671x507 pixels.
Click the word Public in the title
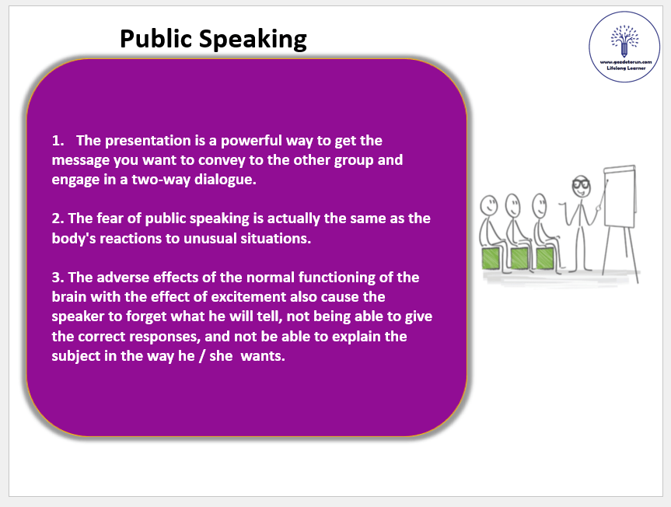[x=156, y=39]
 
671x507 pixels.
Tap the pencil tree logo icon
[x=624, y=41]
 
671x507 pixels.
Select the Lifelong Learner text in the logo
[x=626, y=68]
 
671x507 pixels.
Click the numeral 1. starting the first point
[x=58, y=141]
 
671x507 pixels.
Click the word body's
[x=74, y=238]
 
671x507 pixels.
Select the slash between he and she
[x=202, y=356]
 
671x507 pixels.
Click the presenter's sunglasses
[x=581, y=184]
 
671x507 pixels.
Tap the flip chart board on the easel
[x=619, y=197]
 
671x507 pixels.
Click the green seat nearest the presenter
[x=545, y=258]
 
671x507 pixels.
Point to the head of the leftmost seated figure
[x=488, y=206]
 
